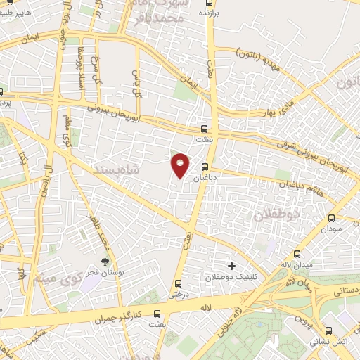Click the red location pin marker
181,166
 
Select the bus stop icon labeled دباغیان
205,167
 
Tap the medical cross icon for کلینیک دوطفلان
232,266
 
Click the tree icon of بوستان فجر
105,262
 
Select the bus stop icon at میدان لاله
297,254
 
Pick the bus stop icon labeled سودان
333,219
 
